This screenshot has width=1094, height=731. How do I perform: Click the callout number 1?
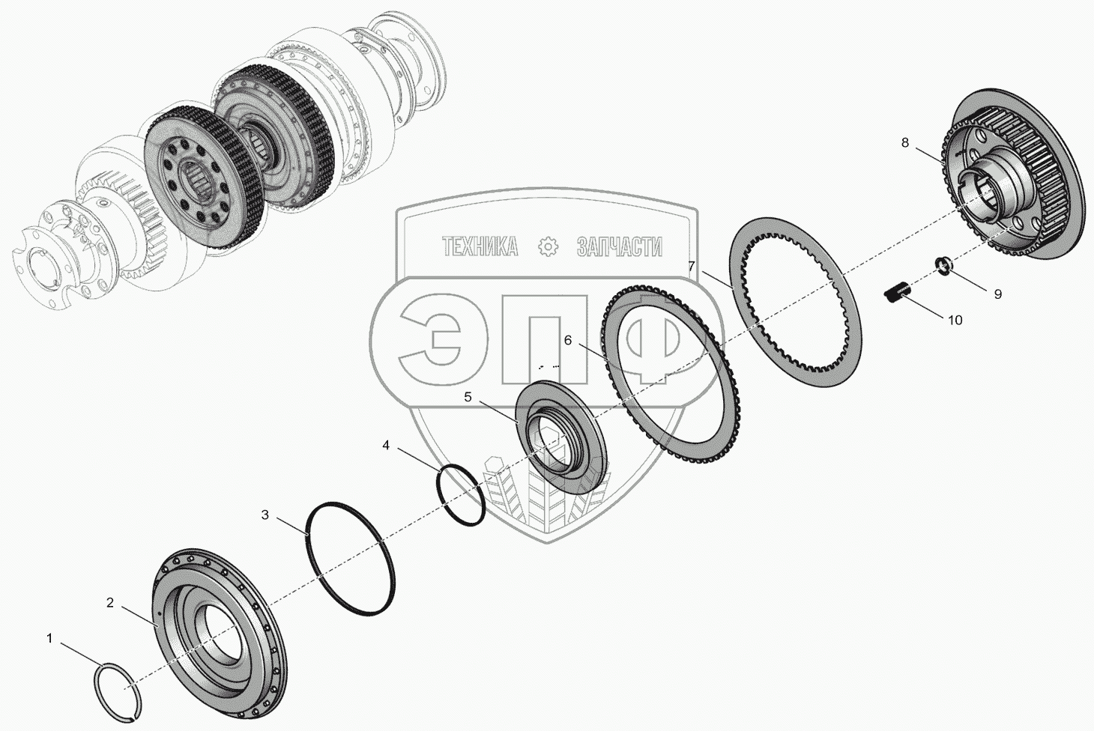pos(49,638)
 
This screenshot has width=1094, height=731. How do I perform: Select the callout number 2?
pos(110,603)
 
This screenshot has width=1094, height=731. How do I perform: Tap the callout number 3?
pos(265,515)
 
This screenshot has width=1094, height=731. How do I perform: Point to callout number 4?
pos(386,445)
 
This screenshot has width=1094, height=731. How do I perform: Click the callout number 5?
pos(468,397)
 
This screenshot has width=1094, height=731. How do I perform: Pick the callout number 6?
pos(567,340)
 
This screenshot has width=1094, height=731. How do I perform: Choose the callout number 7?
pos(691,266)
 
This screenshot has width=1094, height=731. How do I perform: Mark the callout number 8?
pos(905,142)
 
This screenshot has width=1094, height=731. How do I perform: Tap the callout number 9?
pos(998,294)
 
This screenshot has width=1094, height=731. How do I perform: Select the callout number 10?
pos(955,320)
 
